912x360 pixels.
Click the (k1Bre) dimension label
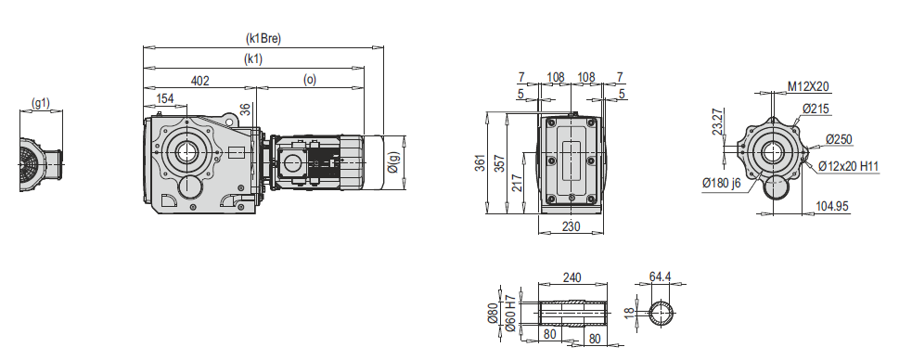(x=263, y=39)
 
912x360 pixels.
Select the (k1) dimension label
(x=253, y=58)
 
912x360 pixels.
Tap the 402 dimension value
(x=199, y=81)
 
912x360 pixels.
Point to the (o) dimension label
(x=310, y=80)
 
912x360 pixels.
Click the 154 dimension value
(x=165, y=98)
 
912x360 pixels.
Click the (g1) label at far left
(x=41, y=103)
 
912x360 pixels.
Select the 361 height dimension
(x=480, y=164)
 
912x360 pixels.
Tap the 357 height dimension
(x=499, y=164)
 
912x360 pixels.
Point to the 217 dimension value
(x=518, y=183)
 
